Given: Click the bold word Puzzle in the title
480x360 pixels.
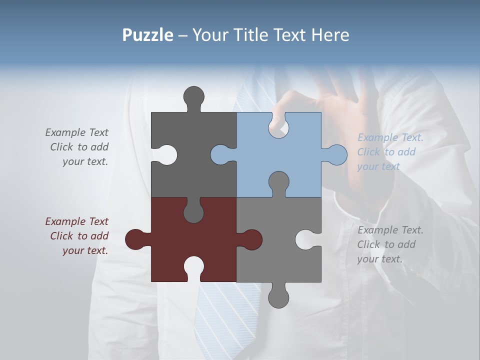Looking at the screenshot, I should (x=147, y=35).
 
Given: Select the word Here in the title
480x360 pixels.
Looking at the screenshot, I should (x=329, y=35).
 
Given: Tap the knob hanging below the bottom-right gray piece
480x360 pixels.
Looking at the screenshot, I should (x=278, y=298).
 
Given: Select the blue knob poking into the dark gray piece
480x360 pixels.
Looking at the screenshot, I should (x=220, y=155).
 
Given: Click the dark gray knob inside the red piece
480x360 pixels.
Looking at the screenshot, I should (x=193, y=212).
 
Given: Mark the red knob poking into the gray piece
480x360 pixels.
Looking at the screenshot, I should (x=252, y=239).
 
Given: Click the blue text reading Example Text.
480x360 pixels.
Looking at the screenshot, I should (x=390, y=138).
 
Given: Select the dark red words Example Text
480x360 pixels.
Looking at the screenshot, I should (x=76, y=221).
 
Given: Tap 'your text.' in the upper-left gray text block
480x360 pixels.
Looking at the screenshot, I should (x=85, y=161).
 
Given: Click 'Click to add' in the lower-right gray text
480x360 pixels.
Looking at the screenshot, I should (x=386, y=244).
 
